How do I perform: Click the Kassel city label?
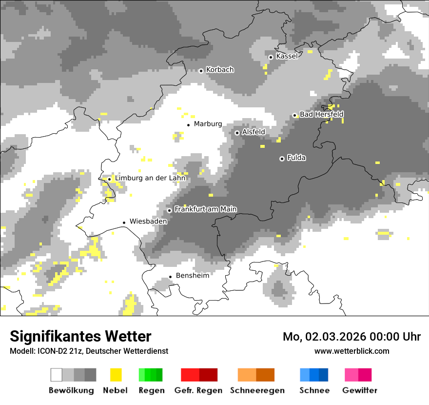[x=287, y=57]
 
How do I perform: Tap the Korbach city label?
[x=220, y=70]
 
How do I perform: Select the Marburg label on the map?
[x=208, y=124]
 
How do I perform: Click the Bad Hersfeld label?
[x=321, y=114]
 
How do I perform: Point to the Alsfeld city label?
[x=253, y=132]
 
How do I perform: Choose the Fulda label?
[x=296, y=158]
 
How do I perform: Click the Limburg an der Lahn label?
[x=150, y=178]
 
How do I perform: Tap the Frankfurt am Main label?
[x=205, y=209]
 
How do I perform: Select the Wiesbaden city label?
[x=148, y=222]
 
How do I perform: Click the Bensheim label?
[x=192, y=276]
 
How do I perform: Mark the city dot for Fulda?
[x=282, y=159]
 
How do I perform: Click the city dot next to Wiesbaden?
[x=124, y=223]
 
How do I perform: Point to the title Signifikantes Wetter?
[x=80, y=336]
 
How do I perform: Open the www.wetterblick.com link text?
[x=351, y=351]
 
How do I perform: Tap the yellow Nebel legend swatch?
[x=116, y=375]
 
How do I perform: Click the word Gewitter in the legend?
[x=359, y=390]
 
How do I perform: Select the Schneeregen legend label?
[x=257, y=390]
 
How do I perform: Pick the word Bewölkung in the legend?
[x=71, y=390]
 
